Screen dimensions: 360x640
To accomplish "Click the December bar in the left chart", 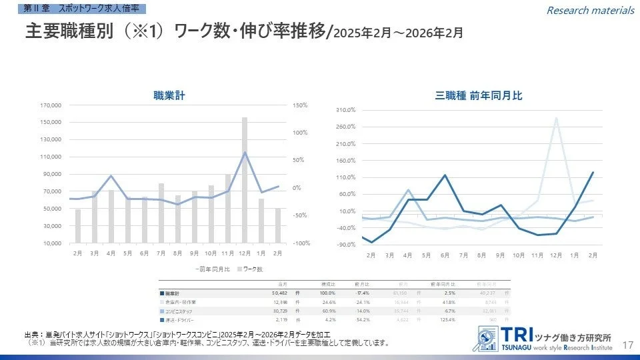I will point(245,180).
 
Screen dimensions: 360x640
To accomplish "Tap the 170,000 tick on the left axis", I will point(51,105).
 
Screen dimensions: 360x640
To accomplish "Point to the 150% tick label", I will point(299,105).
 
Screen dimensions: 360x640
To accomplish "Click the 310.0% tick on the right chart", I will point(345,110).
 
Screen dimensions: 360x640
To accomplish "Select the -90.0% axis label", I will point(345,245).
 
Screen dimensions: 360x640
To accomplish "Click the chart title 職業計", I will point(169,96).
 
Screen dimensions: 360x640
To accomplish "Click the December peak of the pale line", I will point(556,119).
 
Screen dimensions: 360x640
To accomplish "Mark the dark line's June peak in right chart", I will point(445,175).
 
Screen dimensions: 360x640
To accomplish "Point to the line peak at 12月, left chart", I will point(245,153).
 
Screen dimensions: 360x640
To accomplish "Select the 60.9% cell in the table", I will point(328,311).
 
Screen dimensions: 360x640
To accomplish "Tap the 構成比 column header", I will point(328,284).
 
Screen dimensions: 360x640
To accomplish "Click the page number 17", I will point(627,345).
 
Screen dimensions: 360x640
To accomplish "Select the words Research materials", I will point(590,10).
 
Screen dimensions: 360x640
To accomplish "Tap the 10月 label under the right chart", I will point(519,255).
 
